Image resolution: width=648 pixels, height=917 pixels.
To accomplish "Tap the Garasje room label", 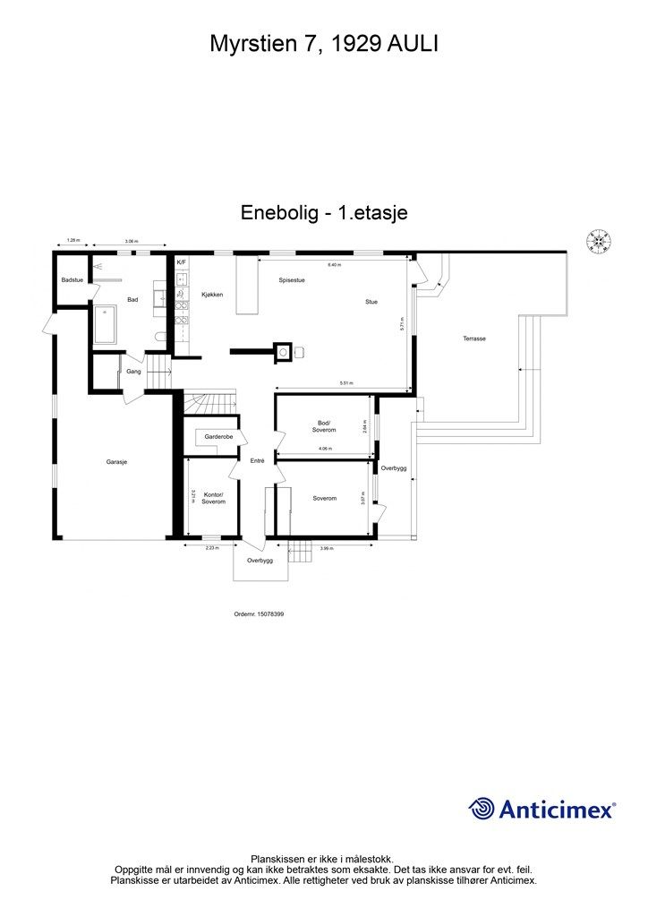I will [x=116, y=462].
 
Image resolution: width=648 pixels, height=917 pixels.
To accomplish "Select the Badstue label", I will [x=72, y=280].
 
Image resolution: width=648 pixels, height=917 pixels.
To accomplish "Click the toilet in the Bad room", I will [x=160, y=338].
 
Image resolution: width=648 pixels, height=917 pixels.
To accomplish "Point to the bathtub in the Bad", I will [x=105, y=324].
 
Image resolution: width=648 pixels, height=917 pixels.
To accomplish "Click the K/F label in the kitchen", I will [x=181, y=261].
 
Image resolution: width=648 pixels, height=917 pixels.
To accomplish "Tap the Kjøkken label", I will [x=212, y=295].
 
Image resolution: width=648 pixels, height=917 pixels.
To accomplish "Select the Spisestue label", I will [x=292, y=280].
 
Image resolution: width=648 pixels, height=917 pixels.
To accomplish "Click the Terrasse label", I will [x=474, y=339].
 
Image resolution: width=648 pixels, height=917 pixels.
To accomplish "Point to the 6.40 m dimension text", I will [x=334, y=265].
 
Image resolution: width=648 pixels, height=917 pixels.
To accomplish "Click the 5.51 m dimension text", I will [x=345, y=384].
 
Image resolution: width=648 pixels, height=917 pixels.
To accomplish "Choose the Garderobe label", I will [x=218, y=437].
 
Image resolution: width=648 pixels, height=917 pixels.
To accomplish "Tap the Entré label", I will [x=257, y=460].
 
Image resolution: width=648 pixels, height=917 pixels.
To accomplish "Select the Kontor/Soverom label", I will [x=213, y=498].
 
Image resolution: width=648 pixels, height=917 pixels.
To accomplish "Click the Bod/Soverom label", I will [x=323, y=426].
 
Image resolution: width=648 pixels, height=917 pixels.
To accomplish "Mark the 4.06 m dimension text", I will [x=324, y=449].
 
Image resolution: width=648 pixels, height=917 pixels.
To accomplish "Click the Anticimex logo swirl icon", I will [x=482, y=809].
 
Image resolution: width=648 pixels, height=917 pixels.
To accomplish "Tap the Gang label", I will [x=134, y=371].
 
